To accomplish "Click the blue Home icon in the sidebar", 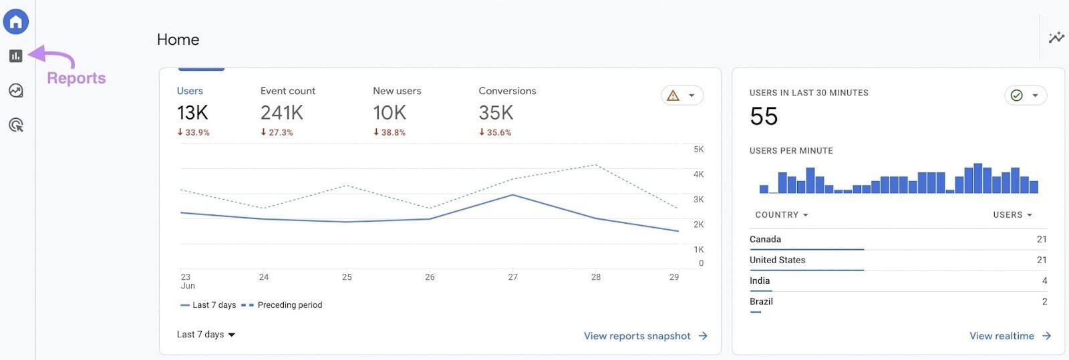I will (16, 22).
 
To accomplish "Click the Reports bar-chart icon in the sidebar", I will (16, 56).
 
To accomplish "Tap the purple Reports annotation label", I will (76, 78).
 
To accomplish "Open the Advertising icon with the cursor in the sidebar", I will (16, 125).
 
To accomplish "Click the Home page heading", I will (178, 40).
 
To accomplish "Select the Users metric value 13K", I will (192, 113).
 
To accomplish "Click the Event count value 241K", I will (281, 113).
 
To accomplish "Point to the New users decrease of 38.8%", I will (390, 133).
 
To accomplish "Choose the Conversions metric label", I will (507, 91).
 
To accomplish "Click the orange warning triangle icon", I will (673, 96).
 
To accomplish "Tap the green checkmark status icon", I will (1016, 96).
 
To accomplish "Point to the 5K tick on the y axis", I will (698, 150).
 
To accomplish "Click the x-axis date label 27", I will (512, 277).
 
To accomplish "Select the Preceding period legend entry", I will (289, 305).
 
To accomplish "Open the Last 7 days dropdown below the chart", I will (206, 335).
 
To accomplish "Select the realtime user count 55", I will (764, 117).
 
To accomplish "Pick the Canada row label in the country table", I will (765, 239).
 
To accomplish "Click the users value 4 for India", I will (1044, 281).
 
